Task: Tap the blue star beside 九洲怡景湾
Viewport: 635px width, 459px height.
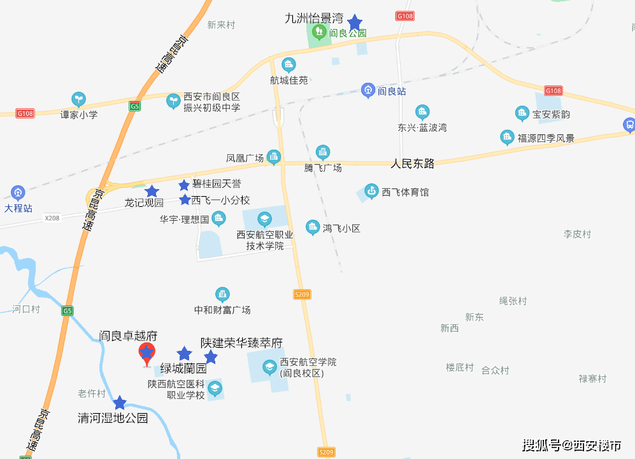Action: (x=354, y=24)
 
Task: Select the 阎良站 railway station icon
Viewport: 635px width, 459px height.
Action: (x=367, y=90)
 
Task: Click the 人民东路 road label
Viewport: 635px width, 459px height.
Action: (x=413, y=164)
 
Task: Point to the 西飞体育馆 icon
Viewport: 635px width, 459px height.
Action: (x=371, y=191)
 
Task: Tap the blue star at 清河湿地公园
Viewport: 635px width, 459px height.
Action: (x=120, y=402)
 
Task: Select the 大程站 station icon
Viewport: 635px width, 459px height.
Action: (x=18, y=192)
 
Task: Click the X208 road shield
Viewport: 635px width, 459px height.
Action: (x=52, y=218)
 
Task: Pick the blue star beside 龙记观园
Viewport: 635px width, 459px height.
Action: (x=152, y=191)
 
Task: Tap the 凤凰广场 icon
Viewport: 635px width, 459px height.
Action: (x=274, y=157)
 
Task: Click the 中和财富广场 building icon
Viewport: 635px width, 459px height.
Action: (x=222, y=294)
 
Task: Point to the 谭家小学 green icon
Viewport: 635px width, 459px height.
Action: (x=79, y=99)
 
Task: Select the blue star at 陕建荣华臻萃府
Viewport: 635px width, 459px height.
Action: (x=210, y=357)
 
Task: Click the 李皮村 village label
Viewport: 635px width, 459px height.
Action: (x=577, y=234)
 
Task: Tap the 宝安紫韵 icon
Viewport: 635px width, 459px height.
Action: (x=522, y=114)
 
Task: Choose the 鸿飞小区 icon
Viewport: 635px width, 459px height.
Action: (x=313, y=227)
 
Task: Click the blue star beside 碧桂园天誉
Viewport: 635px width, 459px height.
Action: (x=184, y=185)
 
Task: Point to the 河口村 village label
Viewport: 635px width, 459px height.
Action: (x=26, y=309)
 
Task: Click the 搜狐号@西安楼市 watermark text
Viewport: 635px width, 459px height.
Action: (x=571, y=445)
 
